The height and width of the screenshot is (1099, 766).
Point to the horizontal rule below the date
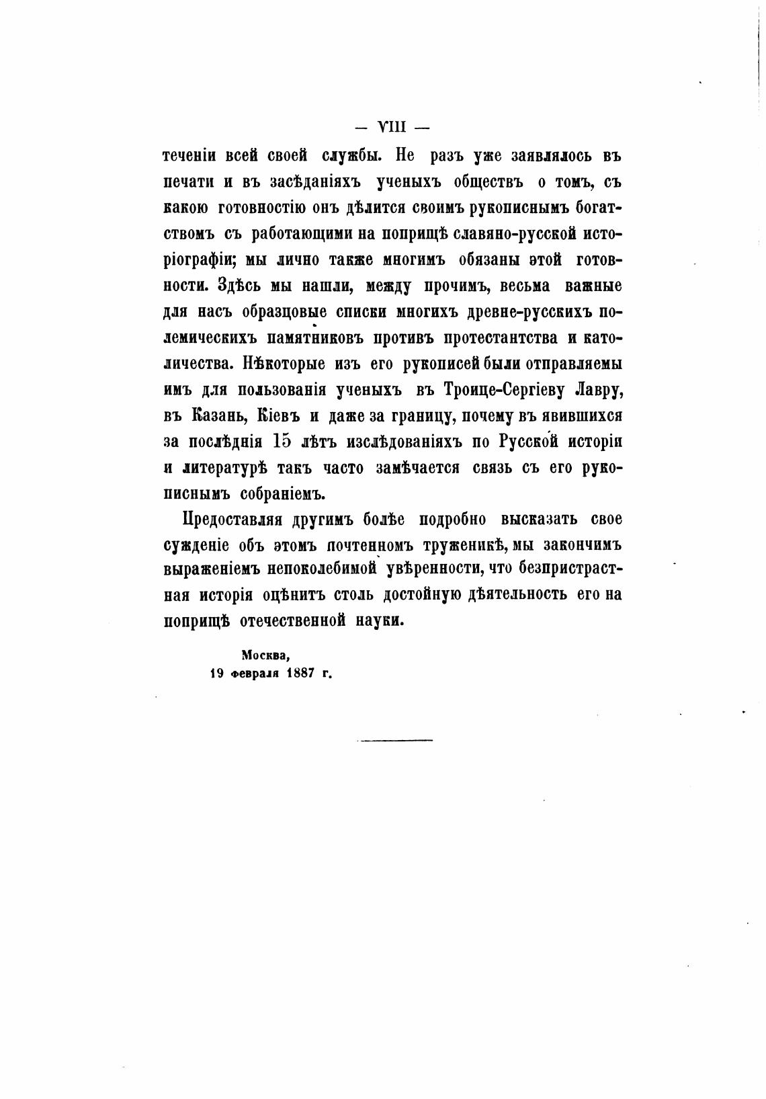click(394, 740)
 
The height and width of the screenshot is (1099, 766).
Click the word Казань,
click(218, 416)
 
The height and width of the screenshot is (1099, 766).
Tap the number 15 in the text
click(288, 442)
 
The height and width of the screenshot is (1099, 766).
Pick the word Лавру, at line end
click(600, 390)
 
